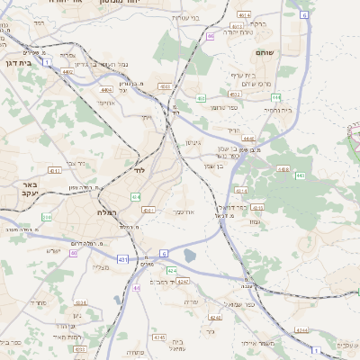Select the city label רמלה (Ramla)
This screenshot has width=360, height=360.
point(101,211)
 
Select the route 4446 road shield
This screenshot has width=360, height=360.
point(248,139)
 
